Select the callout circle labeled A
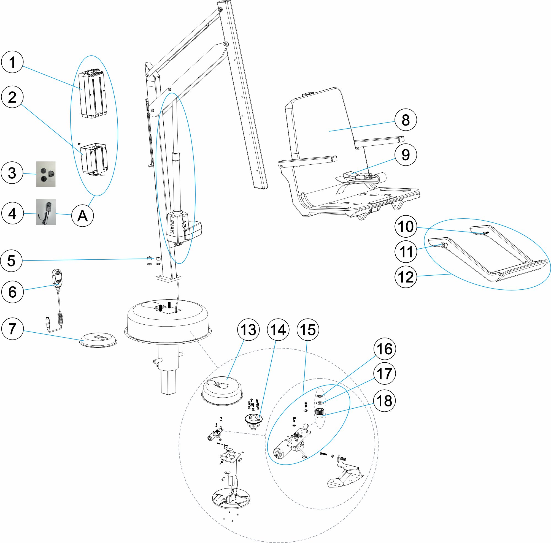tap(82, 216)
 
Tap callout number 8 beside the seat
tap(406, 120)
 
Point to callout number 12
tap(406, 277)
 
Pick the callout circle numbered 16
tap(384, 349)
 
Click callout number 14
tap(278, 330)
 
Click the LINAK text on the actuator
tap(172, 225)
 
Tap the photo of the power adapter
tap(46, 212)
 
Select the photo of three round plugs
tap(46, 174)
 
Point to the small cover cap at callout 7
tap(98, 340)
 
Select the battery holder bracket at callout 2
tap(94, 160)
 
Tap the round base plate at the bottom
tap(231, 498)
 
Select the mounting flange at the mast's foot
tap(168, 278)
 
